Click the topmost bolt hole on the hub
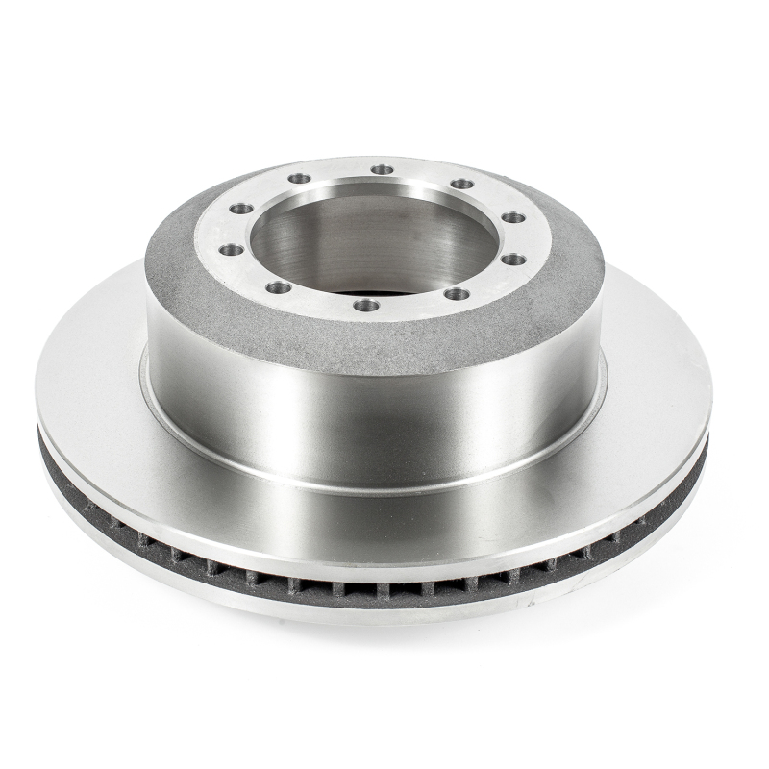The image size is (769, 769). pyautogui.click(x=383, y=170)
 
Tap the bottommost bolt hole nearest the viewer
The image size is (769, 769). pyautogui.click(x=366, y=305)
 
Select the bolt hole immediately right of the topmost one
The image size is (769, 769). pyautogui.click(x=462, y=184)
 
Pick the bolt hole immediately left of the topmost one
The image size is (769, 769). pyautogui.click(x=300, y=179)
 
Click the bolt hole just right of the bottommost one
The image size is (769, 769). pyautogui.click(x=457, y=294)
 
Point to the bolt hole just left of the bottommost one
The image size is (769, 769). pyautogui.click(x=279, y=286)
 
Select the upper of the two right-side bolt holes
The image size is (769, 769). pyautogui.click(x=513, y=217)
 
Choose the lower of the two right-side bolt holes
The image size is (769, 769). pyautogui.click(x=513, y=259)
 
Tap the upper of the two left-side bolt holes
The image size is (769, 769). pyautogui.click(x=240, y=209)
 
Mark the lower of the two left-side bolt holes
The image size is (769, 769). pyautogui.click(x=231, y=250)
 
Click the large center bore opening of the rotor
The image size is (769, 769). pyautogui.click(x=375, y=240)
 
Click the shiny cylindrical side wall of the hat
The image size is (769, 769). pyautogui.click(x=375, y=413)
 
